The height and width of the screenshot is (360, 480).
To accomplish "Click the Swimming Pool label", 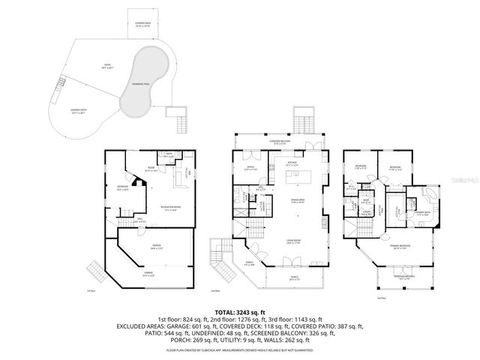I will click(139, 85).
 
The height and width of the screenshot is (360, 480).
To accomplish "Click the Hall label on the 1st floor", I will click(141, 220).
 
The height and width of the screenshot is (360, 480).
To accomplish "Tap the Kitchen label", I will click(292, 162).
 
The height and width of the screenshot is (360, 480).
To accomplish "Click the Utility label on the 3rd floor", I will click(367, 213).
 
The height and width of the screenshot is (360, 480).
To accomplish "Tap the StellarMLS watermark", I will click(468, 181).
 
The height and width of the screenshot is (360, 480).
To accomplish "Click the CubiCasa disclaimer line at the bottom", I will click(240, 349).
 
